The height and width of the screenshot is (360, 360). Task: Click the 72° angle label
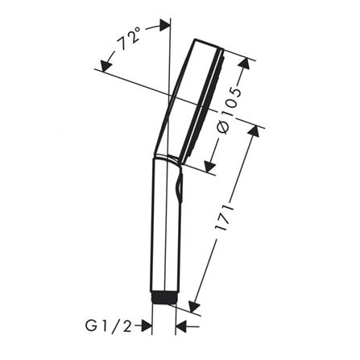(130, 39)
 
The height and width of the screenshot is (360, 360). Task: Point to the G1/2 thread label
(109, 326)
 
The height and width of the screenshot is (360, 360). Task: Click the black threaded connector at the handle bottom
(163, 297)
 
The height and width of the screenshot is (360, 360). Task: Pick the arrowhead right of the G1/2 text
(147, 326)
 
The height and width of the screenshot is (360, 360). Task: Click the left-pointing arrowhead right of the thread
(181, 326)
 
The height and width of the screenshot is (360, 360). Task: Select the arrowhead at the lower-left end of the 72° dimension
(106, 66)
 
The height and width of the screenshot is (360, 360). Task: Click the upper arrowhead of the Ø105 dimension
(244, 64)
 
